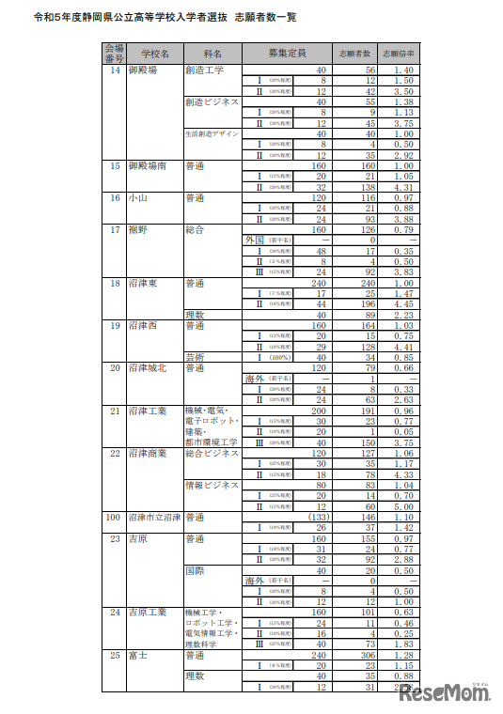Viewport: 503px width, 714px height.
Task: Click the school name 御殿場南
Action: (149, 166)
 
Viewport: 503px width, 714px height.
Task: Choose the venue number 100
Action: (114, 517)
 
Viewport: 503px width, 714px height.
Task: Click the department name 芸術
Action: (196, 357)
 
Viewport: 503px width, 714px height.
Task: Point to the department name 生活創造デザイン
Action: (211, 134)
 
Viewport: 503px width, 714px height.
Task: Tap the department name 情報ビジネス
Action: (212, 485)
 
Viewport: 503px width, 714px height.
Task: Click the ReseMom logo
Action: (446, 693)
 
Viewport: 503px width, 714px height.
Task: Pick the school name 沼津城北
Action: (149, 367)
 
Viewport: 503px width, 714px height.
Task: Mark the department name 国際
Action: (196, 569)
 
